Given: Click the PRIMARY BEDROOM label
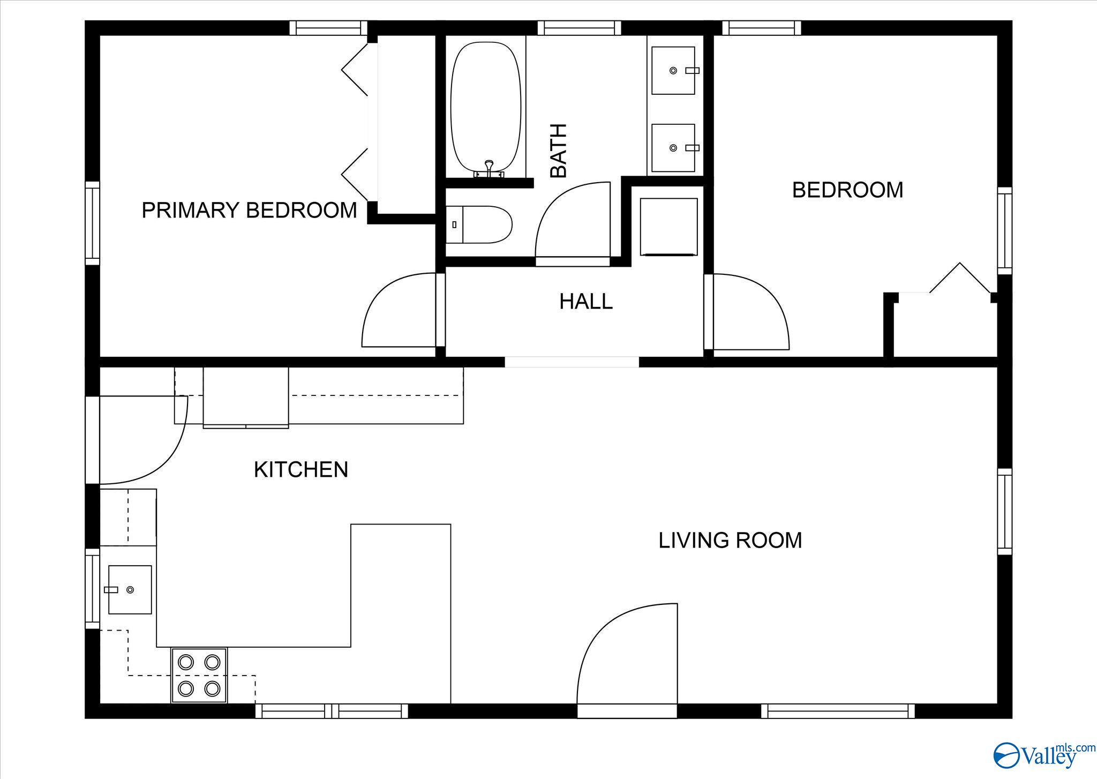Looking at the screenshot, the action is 249,210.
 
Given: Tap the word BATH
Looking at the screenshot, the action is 559,151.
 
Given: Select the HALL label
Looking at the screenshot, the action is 586,302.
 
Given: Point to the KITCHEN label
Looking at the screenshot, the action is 301,470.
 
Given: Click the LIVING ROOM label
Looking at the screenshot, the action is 730,540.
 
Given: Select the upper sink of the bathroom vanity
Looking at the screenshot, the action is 674,70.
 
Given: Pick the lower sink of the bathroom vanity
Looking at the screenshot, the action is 674,148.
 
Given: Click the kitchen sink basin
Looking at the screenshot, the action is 130,589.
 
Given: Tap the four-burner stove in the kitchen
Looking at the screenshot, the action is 199,675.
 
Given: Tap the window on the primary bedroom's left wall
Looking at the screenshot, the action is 93,223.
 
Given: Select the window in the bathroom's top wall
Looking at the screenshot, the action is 580,28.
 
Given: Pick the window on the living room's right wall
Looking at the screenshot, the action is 1005,512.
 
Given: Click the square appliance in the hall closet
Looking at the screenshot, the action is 669,227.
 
